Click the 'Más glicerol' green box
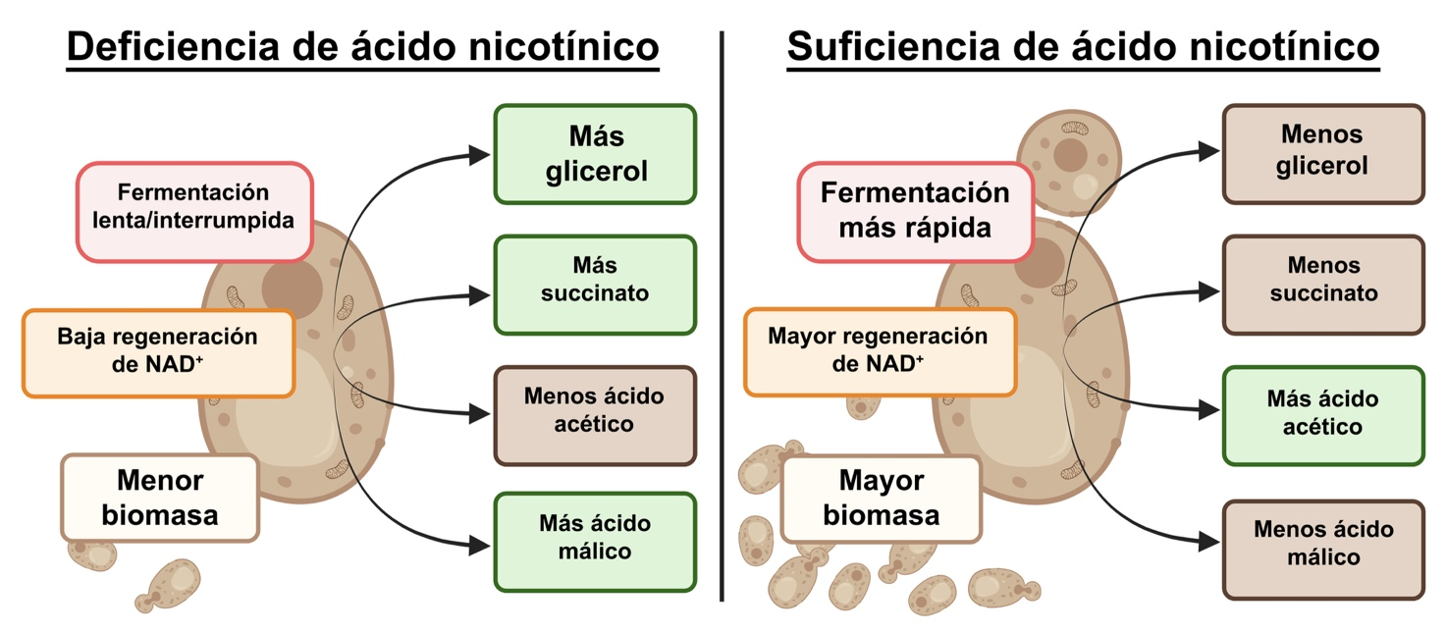594,154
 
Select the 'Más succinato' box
594,281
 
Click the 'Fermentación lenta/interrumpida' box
193,207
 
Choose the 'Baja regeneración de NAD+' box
158,350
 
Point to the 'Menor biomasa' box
160,497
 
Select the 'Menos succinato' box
1321,281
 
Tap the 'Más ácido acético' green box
1321,414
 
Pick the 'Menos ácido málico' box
1321,544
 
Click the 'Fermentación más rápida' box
914,210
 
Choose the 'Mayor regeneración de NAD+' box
879,350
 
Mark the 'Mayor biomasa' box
881,499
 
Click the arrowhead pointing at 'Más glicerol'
479,154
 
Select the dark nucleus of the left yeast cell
292,286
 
